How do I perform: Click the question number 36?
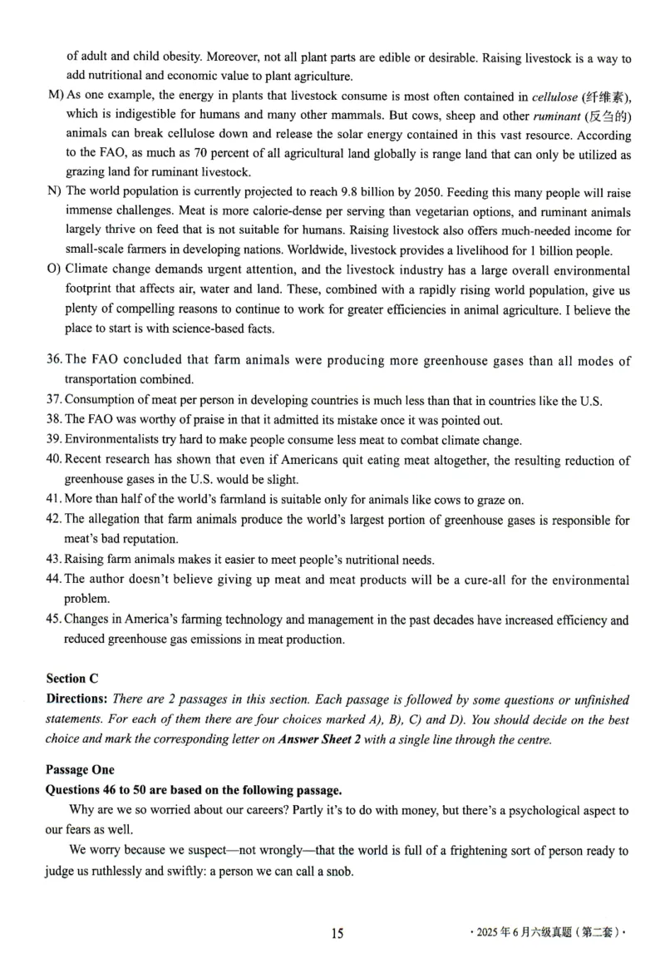(x=54, y=361)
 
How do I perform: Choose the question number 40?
(x=54, y=461)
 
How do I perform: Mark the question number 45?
(x=54, y=620)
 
